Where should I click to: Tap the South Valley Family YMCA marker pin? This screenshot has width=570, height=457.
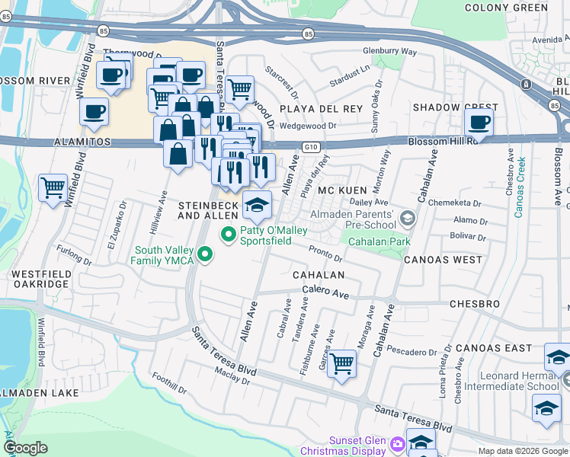click(x=203, y=254)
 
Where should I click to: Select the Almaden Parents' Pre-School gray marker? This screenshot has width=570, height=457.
click(x=408, y=219)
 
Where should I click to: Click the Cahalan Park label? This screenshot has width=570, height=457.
click(x=379, y=241)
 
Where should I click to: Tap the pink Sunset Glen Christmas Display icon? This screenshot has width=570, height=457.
click(x=396, y=443)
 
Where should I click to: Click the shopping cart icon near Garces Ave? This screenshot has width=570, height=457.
click(x=342, y=362)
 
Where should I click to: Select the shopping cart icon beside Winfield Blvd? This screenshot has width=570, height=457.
click(x=53, y=186)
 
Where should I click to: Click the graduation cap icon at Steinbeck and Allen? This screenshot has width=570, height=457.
click(x=257, y=204)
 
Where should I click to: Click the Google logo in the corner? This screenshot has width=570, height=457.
click(x=26, y=447)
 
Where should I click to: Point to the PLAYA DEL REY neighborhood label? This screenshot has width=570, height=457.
click(x=320, y=109)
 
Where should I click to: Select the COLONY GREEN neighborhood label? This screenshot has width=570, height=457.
click(x=517, y=8)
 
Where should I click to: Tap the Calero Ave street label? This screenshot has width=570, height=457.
click(x=325, y=292)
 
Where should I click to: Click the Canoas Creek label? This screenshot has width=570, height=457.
click(x=520, y=187)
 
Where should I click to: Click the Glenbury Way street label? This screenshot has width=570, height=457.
click(x=389, y=51)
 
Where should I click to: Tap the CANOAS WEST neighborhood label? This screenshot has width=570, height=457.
click(x=443, y=260)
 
